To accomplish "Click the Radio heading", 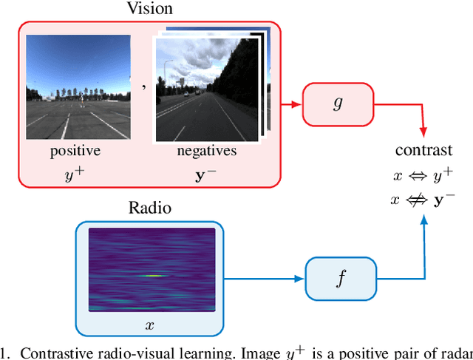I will [x=149, y=208].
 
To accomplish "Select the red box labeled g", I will [x=338, y=103].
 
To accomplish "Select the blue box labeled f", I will [x=340, y=279].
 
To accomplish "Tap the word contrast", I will [x=423, y=151].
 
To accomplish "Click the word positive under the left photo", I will [x=75, y=152].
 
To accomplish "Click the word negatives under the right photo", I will [x=207, y=152].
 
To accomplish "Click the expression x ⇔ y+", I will [x=423, y=175].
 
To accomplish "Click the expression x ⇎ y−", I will [x=423, y=200].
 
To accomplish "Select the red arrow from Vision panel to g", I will [x=292, y=103].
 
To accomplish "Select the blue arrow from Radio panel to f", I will [x=266, y=279].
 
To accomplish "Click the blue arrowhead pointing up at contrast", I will [x=424, y=219].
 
